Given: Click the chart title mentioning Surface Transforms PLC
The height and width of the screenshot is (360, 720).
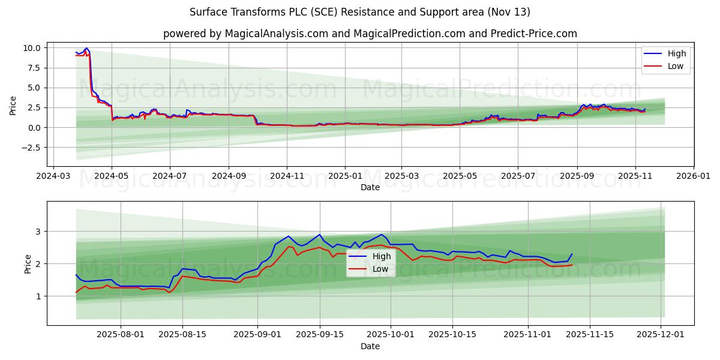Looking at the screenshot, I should tap(360, 12).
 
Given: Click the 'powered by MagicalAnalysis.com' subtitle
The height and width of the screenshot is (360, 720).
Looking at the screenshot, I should tap(370, 34).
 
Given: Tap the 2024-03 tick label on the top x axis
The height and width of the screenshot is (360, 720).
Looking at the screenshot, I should tap(54, 176).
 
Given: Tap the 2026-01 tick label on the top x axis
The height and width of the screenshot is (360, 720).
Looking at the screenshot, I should tap(693, 176).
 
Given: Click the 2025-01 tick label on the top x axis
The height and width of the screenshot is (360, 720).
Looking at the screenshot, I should tap(344, 176).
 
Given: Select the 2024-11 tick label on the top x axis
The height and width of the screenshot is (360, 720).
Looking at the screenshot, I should tap(286, 176).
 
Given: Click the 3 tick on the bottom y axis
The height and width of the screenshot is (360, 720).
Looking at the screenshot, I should tap(38, 232).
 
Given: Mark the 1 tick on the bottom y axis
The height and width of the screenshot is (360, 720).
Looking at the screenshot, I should tap(38, 296).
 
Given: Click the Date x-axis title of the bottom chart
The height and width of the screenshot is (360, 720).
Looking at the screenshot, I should tap(370, 347).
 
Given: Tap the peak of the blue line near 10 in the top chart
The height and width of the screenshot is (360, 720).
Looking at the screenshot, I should tap(86, 48).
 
